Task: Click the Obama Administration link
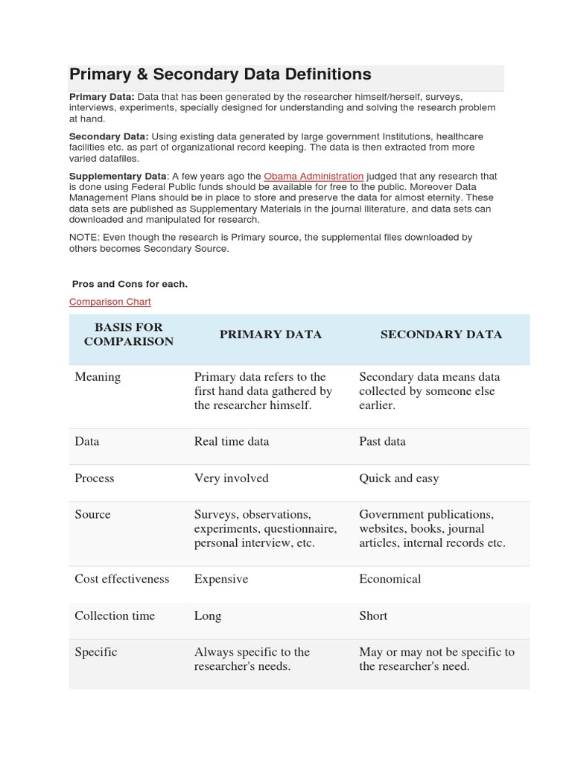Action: tap(314, 177)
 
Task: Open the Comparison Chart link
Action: tap(109, 302)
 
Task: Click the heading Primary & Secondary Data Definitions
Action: tap(220, 75)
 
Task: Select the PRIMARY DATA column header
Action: tap(270, 335)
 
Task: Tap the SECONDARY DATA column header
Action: tap(441, 335)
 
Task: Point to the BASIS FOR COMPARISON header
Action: tap(128, 335)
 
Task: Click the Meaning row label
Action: tap(98, 377)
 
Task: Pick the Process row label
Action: tap(95, 478)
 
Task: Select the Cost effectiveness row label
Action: tap(122, 579)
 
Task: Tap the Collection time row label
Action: tap(115, 615)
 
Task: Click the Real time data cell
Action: tap(232, 441)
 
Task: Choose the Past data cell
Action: tap(382, 441)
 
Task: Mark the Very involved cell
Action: tap(231, 478)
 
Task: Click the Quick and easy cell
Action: tap(398, 478)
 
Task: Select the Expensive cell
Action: tap(221, 579)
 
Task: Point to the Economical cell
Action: tap(390, 579)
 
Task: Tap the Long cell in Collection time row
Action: tap(208, 615)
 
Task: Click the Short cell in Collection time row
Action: tap(373, 615)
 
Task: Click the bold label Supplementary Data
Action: tap(118, 177)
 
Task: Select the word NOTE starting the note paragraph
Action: tap(83, 238)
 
